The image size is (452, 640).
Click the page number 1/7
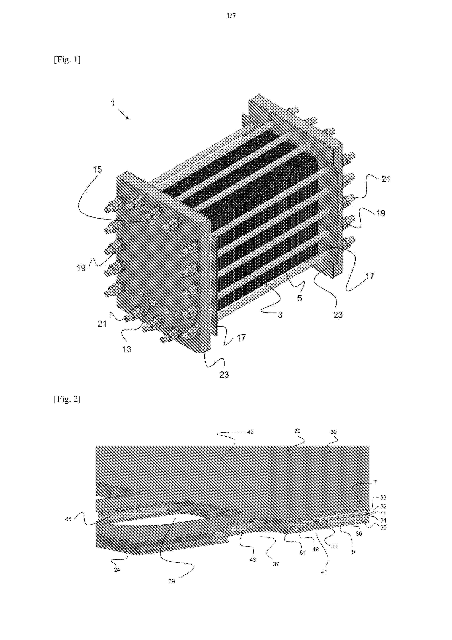[231, 16]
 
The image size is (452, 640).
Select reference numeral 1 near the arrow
[113, 103]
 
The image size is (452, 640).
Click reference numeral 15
[97, 169]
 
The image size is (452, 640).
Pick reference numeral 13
[127, 349]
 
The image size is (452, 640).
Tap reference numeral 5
[300, 298]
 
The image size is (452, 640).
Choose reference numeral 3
[280, 315]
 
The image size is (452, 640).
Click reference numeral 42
[250, 432]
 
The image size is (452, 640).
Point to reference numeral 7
[375, 482]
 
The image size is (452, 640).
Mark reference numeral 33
[383, 498]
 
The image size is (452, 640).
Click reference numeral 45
[68, 519]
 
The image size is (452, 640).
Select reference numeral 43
[253, 560]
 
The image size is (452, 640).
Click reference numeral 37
[276, 564]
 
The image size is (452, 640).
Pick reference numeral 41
[324, 572]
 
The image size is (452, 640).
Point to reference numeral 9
[353, 552]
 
